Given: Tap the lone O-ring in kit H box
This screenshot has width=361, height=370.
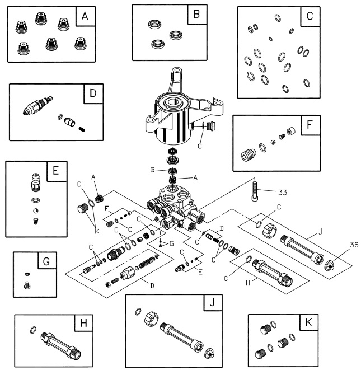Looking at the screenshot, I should (34, 330).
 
